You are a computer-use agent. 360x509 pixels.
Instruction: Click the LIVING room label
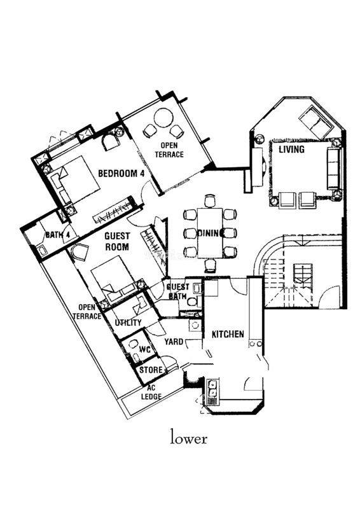pyautogui.click(x=291, y=150)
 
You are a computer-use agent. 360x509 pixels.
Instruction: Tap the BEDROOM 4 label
pyautogui.click(x=121, y=173)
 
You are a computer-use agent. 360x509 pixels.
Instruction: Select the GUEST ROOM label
pyautogui.click(x=117, y=241)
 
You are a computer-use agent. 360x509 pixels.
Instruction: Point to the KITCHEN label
pyautogui.click(x=228, y=334)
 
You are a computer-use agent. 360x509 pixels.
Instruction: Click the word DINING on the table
pyautogui.click(x=211, y=233)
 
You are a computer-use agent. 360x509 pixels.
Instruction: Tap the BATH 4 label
pyautogui.click(x=57, y=235)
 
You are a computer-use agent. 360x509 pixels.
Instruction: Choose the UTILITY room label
pyautogui.click(x=128, y=323)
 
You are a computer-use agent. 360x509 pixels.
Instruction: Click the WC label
pyautogui.click(x=144, y=349)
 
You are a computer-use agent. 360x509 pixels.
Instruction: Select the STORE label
pyautogui.click(x=151, y=370)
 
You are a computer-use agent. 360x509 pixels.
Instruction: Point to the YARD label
pyautogui.click(x=174, y=342)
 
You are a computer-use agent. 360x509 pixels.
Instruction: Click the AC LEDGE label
pyautogui.click(x=151, y=393)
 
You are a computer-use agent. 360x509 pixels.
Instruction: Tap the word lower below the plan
pyautogui.click(x=189, y=438)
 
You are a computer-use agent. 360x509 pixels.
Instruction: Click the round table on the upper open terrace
pyautogui.click(x=163, y=118)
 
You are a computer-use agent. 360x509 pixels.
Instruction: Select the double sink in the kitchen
pyautogui.click(x=212, y=389)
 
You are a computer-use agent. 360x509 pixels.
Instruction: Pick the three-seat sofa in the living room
pyautogui.click(x=334, y=169)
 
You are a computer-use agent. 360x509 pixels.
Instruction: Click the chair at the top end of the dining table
pyautogui.click(x=210, y=200)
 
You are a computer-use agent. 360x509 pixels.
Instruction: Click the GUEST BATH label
pyautogui.click(x=177, y=291)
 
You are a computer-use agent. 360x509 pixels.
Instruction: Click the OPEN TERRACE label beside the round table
pyautogui.click(x=169, y=150)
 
